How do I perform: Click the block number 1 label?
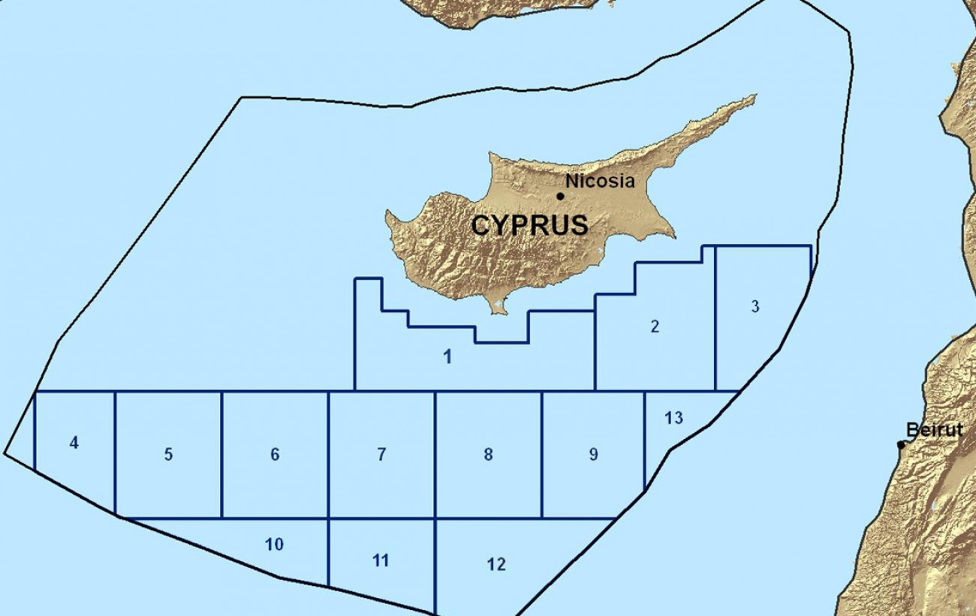[x=447, y=357]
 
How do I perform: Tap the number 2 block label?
[x=655, y=326]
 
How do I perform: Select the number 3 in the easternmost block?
[x=755, y=306]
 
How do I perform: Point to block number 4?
[x=74, y=443]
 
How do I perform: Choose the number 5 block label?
[x=168, y=454]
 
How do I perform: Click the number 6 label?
[x=275, y=454]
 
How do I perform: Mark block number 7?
[x=381, y=454]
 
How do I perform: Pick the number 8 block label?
[x=488, y=454]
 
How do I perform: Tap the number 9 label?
[x=593, y=454]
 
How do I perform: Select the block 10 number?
[x=274, y=544]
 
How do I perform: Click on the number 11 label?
[x=381, y=560]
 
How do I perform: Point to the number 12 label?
[x=496, y=564]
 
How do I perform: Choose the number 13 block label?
[x=673, y=417]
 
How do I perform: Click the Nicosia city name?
[x=600, y=181]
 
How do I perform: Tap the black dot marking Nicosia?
[x=560, y=197]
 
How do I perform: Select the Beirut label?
[x=934, y=430]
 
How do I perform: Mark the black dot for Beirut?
[x=901, y=445]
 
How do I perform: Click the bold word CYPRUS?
[x=529, y=225]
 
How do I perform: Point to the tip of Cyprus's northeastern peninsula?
[x=753, y=96]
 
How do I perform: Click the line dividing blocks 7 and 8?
[x=435, y=454]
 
